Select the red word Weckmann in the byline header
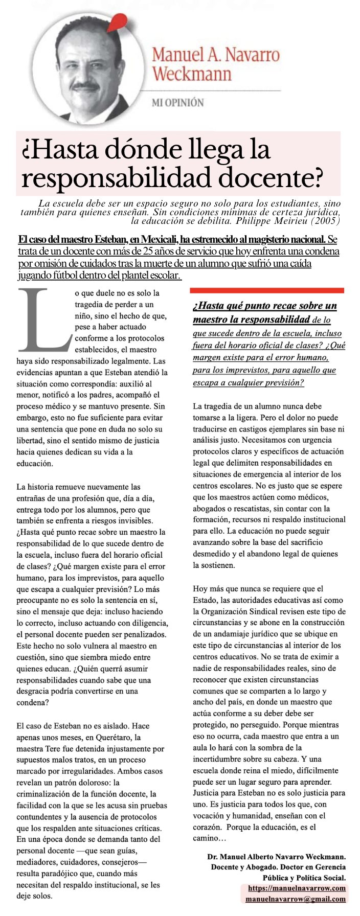(192, 74)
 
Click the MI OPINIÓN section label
(177, 102)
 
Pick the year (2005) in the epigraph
(327, 221)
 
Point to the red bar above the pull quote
(266, 290)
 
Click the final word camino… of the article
(209, 838)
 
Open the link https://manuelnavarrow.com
(297, 888)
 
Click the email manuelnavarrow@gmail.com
(296, 899)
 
